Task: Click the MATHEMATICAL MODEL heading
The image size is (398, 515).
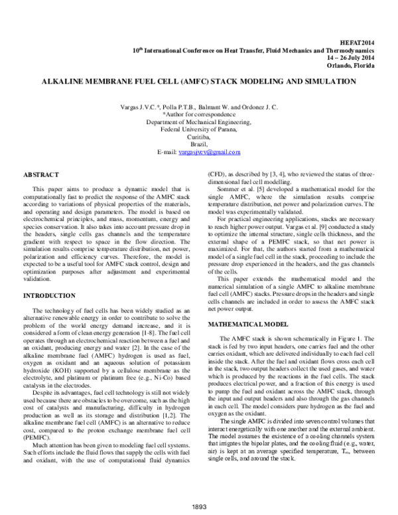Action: coord(248,325)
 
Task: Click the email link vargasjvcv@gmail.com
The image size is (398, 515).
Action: coord(209,152)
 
